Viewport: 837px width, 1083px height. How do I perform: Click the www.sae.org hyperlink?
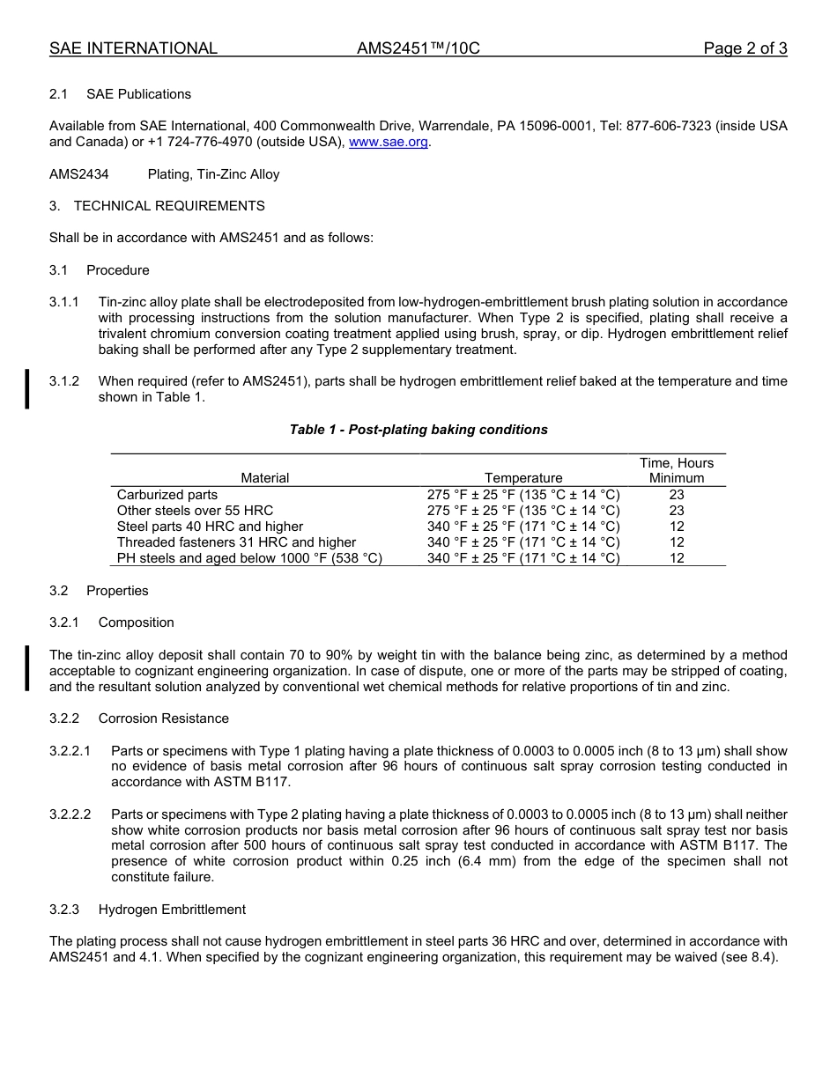(x=389, y=142)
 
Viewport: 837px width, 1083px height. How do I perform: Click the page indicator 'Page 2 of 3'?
(x=744, y=48)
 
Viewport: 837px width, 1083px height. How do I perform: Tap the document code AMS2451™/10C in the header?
(x=418, y=48)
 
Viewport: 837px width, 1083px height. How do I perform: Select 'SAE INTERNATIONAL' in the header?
(x=133, y=48)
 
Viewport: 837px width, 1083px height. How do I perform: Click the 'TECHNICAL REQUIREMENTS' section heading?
(x=169, y=206)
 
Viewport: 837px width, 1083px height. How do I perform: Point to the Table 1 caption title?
(x=418, y=430)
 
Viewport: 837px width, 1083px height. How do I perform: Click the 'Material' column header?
(x=264, y=478)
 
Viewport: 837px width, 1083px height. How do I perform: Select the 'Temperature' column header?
(x=523, y=478)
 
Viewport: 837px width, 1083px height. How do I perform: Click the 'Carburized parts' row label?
(x=167, y=495)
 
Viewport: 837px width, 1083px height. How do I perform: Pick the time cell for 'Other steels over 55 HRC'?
(x=677, y=511)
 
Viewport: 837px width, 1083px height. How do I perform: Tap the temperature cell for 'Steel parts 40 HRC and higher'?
(x=523, y=527)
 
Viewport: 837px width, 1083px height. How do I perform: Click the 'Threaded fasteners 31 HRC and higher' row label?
(x=236, y=542)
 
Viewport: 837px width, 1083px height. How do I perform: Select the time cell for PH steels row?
(x=677, y=558)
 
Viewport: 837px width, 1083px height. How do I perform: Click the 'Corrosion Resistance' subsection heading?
(x=163, y=718)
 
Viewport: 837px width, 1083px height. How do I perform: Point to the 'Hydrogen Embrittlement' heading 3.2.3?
(x=172, y=910)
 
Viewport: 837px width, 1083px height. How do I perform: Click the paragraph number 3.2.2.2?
(x=70, y=814)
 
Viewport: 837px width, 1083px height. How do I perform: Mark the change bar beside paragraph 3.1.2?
(x=27, y=389)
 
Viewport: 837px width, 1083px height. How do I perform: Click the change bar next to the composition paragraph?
(x=27, y=668)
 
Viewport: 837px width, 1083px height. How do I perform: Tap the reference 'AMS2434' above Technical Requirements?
(x=79, y=174)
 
